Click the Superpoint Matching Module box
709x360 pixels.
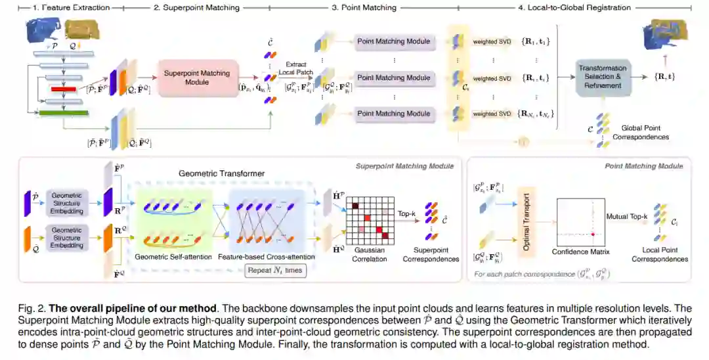pyautogui.click(x=197, y=78)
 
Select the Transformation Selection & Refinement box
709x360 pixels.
pyautogui.click(x=603, y=78)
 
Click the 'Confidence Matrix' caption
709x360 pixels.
pyautogui.click(x=580, y=251)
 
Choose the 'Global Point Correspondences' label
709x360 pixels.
pyautogui.click(x=640, y=133)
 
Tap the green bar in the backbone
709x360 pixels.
pyautogui.click(x=64, y=114)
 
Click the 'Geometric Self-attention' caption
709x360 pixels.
pyautogui.click(x=173, y=257)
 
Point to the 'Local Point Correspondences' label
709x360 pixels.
pyautogui.click(x=660, y=254)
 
